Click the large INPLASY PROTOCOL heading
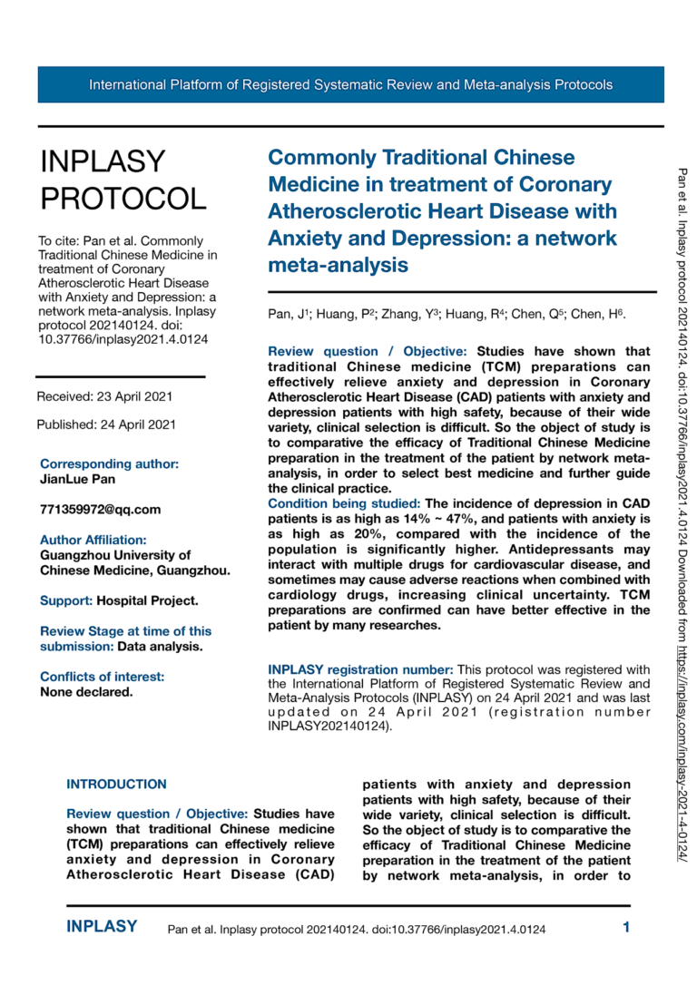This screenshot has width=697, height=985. click(x=123, y=179)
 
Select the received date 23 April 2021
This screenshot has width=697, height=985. click(x=104, y=396)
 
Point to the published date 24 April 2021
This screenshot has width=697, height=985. click(x=106, y=424)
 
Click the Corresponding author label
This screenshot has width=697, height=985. click(x=109, y=463)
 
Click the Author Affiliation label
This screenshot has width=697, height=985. click(x=93, y=540)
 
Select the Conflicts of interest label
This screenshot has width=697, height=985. click(x=103, y=676)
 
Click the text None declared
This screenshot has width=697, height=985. click(x=86, y=691)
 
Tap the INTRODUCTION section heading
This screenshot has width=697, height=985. click(x=117, y=784)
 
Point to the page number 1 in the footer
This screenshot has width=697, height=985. click(x=625, y=927)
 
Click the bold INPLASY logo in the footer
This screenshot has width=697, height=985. click(x=103, y=927)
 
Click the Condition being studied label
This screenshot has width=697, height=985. click(x=344, y=502)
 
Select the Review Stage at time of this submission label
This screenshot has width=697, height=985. click(x=125, y=631)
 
